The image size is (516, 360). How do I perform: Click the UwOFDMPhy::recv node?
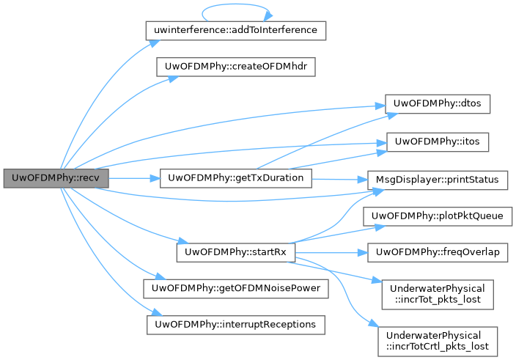coord(56,178)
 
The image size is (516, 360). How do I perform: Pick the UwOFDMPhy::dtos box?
coord(438,103)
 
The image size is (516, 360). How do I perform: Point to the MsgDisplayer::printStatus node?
coord(438,178)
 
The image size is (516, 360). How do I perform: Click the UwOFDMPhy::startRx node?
coord(235,251)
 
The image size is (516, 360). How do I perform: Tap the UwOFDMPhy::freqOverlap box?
coord(438,251)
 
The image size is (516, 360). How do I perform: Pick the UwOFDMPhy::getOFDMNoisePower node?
coord(235,287)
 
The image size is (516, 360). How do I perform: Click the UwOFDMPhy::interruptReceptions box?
coord(235,323)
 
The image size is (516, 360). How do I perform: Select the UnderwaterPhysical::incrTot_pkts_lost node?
coord(438,293)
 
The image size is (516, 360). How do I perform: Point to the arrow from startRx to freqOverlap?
coord(330,251)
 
